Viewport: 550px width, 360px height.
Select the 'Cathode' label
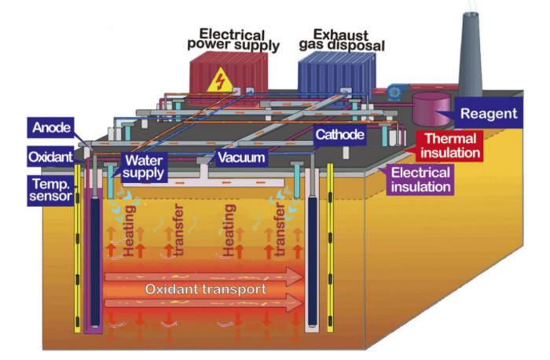coord(339,135)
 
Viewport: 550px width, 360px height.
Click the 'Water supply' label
coord(144,165)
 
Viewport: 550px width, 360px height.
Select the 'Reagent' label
coord(488,114)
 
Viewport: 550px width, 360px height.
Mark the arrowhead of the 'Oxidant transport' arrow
coord(294,277)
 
